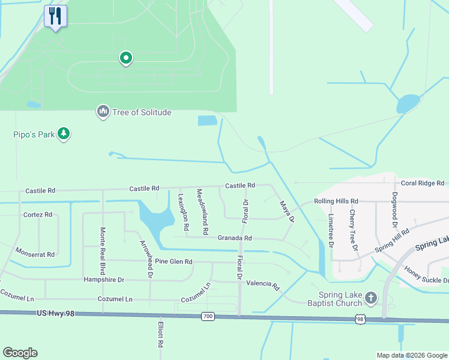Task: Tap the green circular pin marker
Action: pyautogui.click(x=126, y=58)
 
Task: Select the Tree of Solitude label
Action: pyautogui.click(x=142, y=112)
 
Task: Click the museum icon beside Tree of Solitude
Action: pyautogui.click(x=103, y=112)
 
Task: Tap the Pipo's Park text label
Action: pyautogui.click(x=34, y=134)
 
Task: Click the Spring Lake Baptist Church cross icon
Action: pyautogui.click(x=371, y=298)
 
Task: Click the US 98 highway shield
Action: pyautogui.click(x=360, y=320)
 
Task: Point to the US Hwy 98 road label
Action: pyautogui.click(x=56, y=313)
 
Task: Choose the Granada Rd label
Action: pyautogui.click(x=234, y=238)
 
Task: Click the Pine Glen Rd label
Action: pyautogui.click(x=173, y=262)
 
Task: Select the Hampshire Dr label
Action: pyautogui.click(x=104, y=280)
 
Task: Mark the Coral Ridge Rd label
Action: pyautogui.click(x=423, y=183)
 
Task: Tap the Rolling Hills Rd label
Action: pyautogui.click(x=336, y=202)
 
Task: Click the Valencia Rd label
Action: pyautogui.click(x=263, y=284)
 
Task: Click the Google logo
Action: pyautogui.click(x=20, y=353)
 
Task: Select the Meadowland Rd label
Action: pyautogui.click(x=202, y=211)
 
